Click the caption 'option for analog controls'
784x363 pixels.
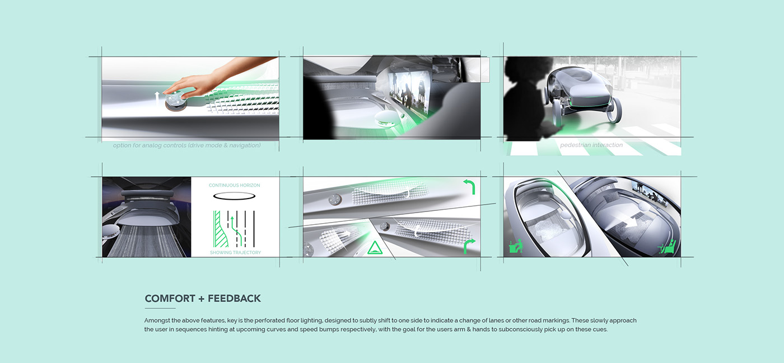186,145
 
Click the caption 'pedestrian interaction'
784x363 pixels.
591,145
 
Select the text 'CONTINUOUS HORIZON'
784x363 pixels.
234,185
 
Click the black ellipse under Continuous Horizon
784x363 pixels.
235,196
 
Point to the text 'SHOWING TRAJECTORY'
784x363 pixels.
235,253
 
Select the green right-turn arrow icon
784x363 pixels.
469,246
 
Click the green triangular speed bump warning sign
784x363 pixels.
374,248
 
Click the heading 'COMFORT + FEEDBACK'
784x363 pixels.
203,299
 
